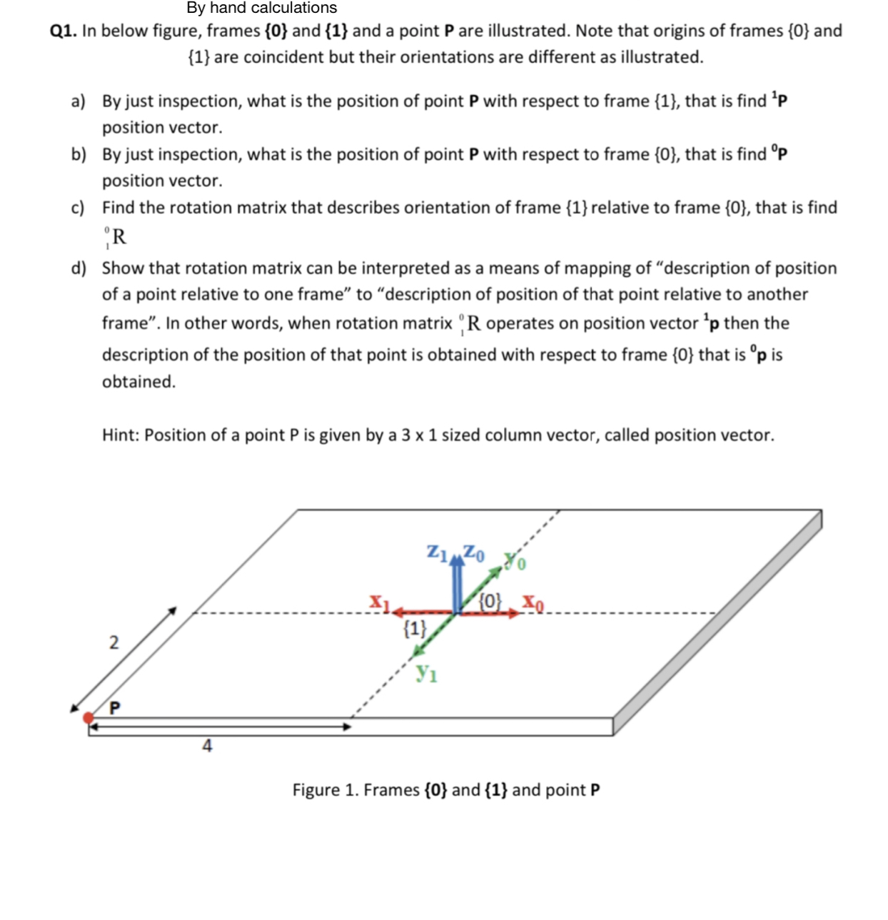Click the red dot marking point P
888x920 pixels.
tap(89, 717)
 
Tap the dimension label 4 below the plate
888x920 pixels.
tap(207, 746)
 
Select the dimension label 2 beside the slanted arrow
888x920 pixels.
tap(113, 642)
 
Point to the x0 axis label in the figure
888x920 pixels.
tap(533, 603)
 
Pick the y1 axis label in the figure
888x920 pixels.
tap(427, 672)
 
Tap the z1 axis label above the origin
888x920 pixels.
tap(437, 552)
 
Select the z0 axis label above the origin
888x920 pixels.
tap(473, 552)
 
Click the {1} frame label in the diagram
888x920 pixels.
tap(415, 629)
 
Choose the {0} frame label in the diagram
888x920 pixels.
tap(490, 600)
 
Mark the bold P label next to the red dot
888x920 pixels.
tap(114, 707)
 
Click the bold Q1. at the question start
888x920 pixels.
tap(64, 31)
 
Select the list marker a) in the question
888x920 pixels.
tap(78, 101)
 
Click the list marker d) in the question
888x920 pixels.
tap(79, 268)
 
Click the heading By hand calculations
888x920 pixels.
tap(261, 8)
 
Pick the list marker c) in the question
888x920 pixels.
tap(78, 208)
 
